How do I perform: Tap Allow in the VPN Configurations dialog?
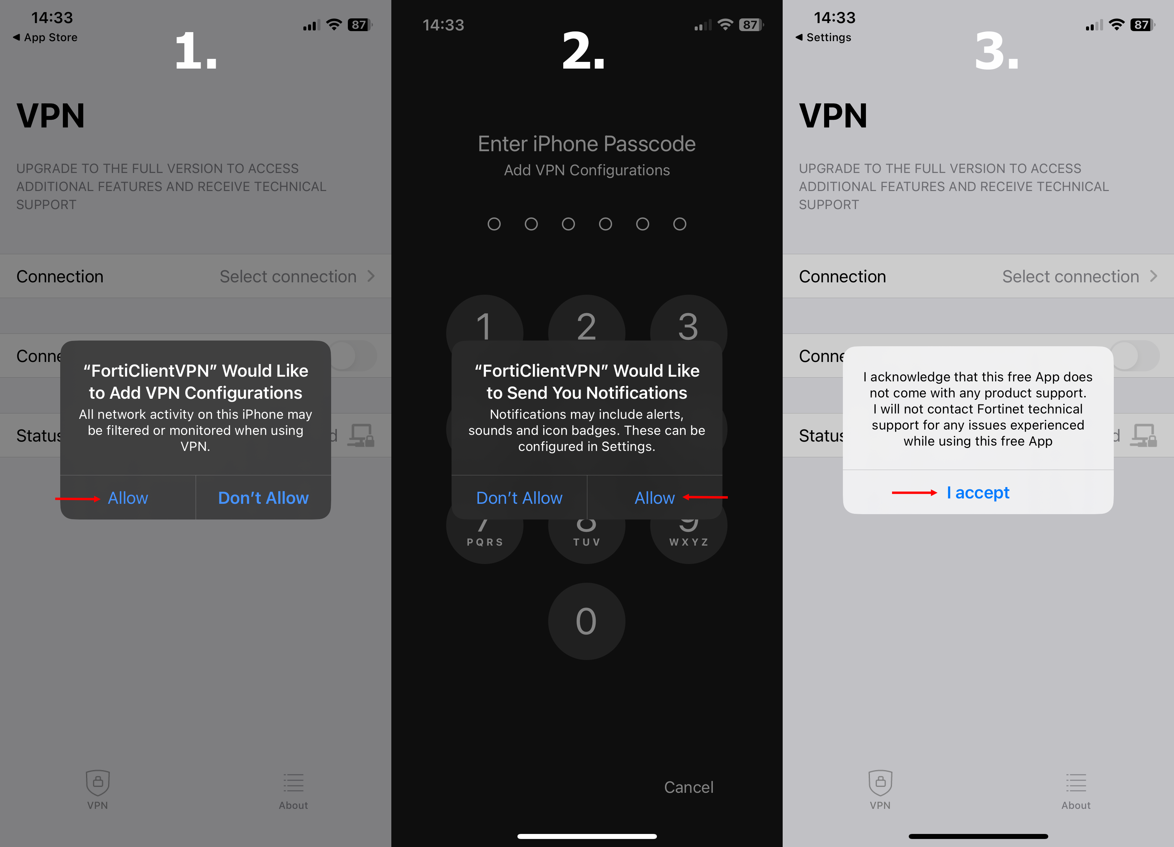pyautogui.click(x=128, y=497)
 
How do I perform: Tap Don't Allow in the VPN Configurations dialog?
pyautogui.click(x=263, y=497)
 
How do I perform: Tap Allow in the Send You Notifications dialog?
pyautogui.click(x=654, y=497)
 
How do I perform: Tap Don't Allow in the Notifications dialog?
pyautogui.click(x=519, y=497)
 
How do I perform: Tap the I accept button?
pyautogui.click(x=978, y=492)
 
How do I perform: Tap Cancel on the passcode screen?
pyautogui.click(x=688, y=787)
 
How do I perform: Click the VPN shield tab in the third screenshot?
pyautogui.click(x=880, y=789)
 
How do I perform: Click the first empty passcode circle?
pyautogui.click(x=494, y=224)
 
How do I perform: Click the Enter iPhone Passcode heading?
pyautogui.click(x=586, y=144)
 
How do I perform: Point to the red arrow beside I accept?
pyautogui.click(x=914, y=492)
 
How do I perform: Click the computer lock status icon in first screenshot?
pyautogui.click(x=361, y=436)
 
